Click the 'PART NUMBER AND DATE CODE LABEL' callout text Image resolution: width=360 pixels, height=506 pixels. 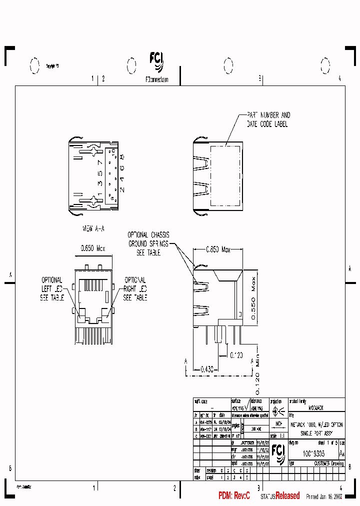click(x=267, y=119)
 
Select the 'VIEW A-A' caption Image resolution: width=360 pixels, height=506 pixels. click(x=93, y=228)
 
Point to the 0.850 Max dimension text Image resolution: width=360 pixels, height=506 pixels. click(x=218, y=249)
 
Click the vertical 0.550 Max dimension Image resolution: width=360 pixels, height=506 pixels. click(x=253, y=298)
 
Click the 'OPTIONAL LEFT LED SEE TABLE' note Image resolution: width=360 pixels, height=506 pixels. click(x=51, y=288)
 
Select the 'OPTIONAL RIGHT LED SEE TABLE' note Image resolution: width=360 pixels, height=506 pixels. click(x=135, y=288)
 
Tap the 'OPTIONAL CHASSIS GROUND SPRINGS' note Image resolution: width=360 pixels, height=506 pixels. click(x=148, y=243)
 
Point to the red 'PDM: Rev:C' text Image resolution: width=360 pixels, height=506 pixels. click(x=234, y=495)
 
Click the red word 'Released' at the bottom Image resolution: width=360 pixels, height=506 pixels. click(x=287, y=495)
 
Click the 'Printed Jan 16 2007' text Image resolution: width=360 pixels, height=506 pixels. click(x=324, y=496)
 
